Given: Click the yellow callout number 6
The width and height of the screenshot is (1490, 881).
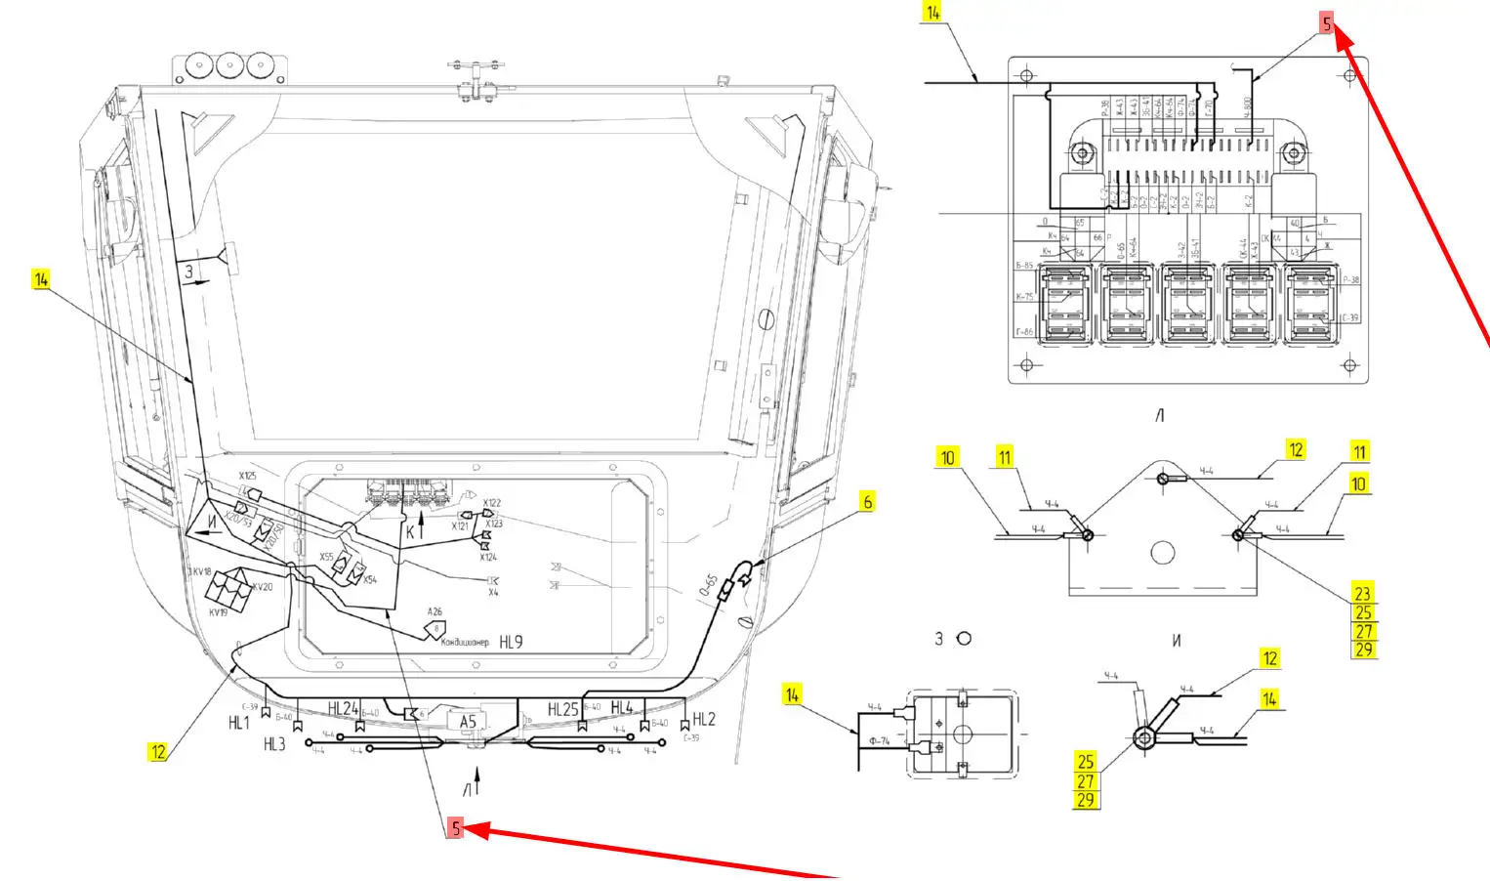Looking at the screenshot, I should (867, 502).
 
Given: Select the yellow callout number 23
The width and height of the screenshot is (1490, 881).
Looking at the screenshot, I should (1362, 594).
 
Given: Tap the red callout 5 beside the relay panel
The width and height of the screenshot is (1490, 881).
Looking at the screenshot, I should (1326, 24).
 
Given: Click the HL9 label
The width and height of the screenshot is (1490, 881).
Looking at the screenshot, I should (511, 642).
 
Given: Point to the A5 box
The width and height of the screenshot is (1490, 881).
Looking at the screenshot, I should (468, 722).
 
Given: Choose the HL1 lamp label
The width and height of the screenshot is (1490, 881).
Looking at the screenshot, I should (239, 723).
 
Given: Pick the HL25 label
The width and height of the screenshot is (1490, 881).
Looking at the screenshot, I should (563, 709).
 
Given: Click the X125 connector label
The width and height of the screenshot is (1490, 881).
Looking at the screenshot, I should (247, 476).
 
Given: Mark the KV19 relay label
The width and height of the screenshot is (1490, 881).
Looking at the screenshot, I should (218, 613).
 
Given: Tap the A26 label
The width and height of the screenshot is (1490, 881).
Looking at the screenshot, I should (435, 612).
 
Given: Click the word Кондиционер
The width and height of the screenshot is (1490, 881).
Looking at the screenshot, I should (465, 642).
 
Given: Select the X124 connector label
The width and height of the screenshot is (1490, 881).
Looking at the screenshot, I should (488, 557).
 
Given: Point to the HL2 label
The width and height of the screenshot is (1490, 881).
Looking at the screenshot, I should (704, 720).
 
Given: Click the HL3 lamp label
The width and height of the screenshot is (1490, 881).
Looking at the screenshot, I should (274, 744).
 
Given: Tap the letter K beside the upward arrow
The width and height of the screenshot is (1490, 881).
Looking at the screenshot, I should (411, 532).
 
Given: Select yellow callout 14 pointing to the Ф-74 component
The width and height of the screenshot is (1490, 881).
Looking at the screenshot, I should (792, 694).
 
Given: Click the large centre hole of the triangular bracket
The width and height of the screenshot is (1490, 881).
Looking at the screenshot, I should (1162, 553).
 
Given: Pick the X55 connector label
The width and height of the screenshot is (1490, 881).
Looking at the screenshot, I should (326, 557).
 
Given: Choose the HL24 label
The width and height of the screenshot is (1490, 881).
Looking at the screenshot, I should (343, 709).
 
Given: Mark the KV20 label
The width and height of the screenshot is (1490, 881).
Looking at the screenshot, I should (263, 587).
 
